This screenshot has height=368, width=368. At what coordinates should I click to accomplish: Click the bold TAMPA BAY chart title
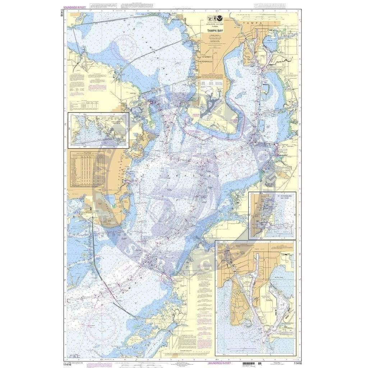212,31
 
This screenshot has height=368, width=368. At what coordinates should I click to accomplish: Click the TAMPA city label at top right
249,22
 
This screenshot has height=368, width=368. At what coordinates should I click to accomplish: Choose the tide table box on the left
86,169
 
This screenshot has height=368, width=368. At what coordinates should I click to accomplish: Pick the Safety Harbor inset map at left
98,130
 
